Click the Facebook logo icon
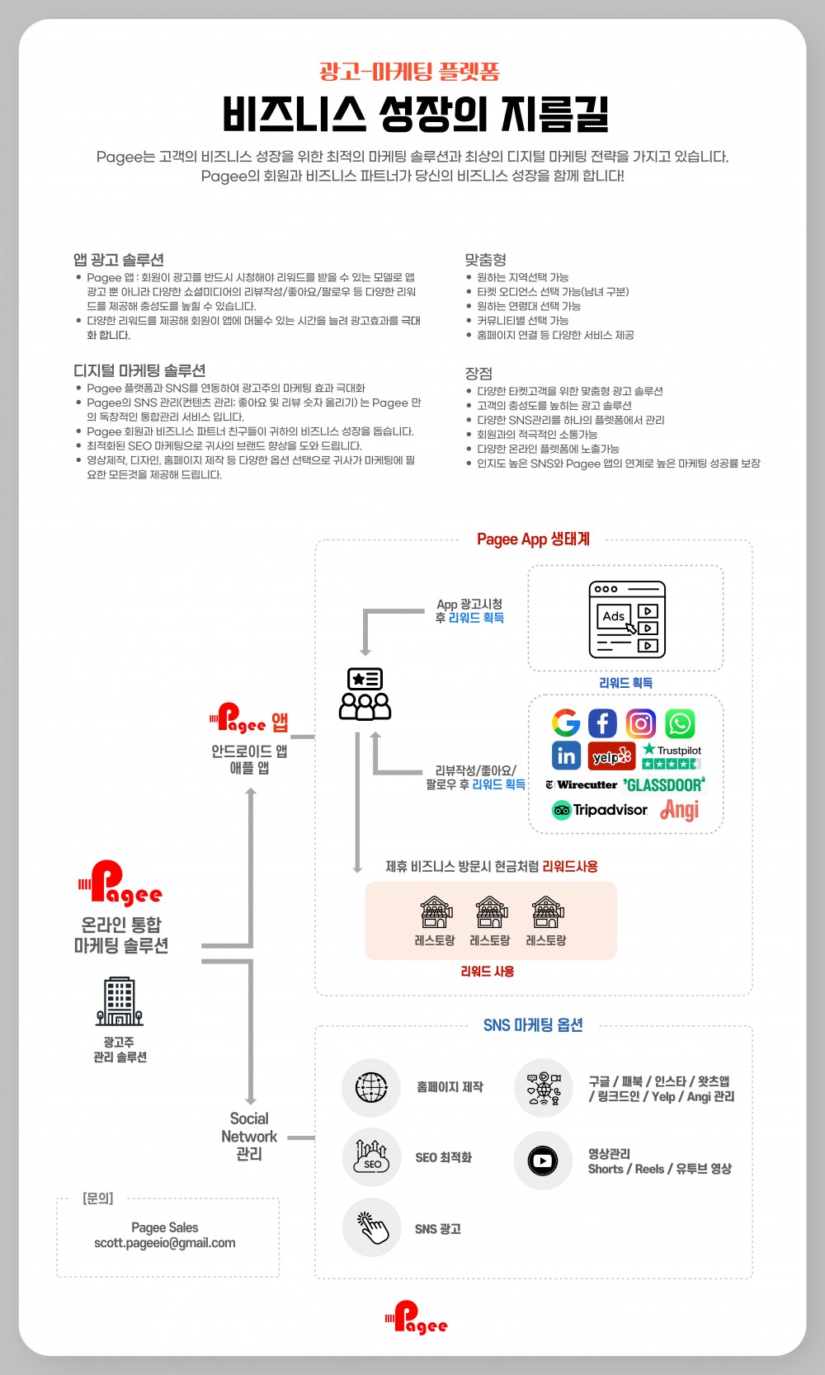602,723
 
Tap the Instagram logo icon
641,723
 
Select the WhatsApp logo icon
680,723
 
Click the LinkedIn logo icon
566,756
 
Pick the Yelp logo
611,756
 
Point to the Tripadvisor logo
600,810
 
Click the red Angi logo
680,810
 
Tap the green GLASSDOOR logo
664,784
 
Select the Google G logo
566,723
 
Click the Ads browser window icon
627,619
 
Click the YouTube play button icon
543,1161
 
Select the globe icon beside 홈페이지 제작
371,1088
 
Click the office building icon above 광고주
119,1001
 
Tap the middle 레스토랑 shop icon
491,912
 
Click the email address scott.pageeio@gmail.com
164,1243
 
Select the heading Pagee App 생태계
534,539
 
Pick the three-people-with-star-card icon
365,694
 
